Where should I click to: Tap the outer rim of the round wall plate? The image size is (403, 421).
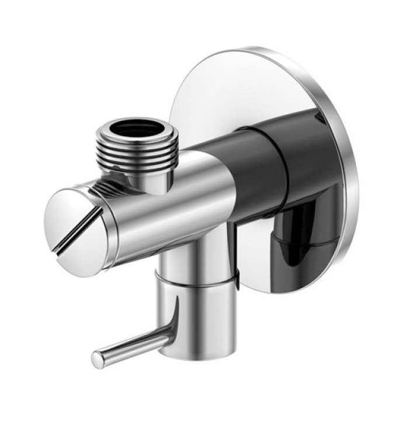tap(350, 175)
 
